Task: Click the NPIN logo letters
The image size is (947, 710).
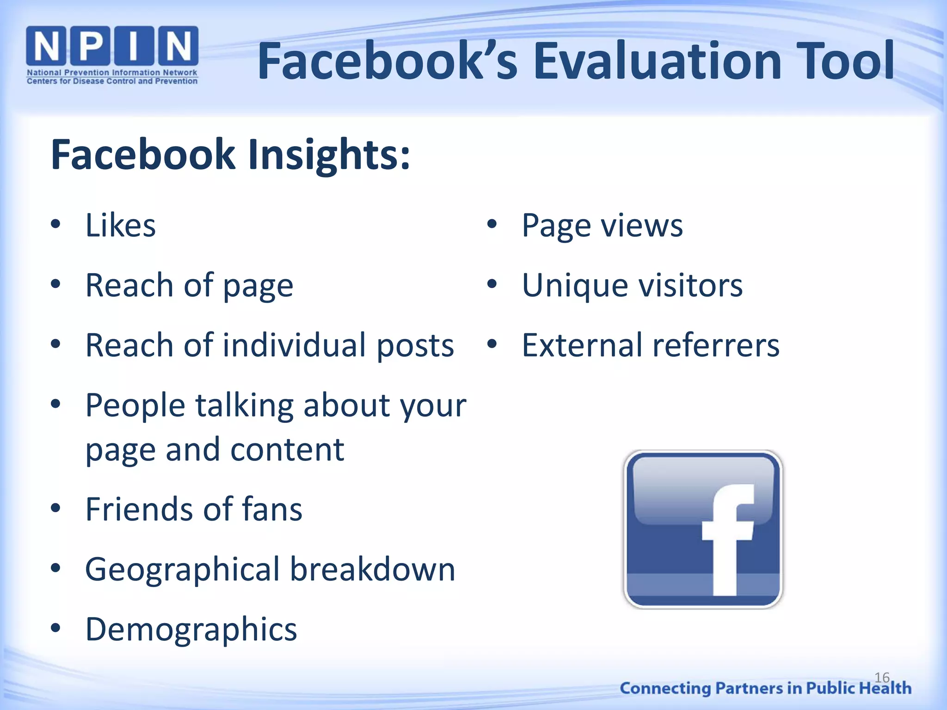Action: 112,46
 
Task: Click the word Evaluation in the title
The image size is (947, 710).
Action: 657,61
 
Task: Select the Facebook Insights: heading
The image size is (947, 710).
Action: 230,154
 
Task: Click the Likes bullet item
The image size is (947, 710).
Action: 121,226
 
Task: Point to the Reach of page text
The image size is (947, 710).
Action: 189,286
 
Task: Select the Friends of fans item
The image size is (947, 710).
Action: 194,509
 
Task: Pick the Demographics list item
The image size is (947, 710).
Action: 191,630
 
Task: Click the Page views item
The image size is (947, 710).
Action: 602,226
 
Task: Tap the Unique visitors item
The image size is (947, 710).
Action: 632,286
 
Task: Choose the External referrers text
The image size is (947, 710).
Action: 651,345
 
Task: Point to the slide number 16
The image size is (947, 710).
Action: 882,678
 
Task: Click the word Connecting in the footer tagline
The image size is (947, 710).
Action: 665,688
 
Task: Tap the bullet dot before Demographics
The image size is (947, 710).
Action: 56,628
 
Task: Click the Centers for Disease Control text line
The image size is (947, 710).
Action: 112,81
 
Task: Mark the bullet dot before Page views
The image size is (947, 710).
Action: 492,225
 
